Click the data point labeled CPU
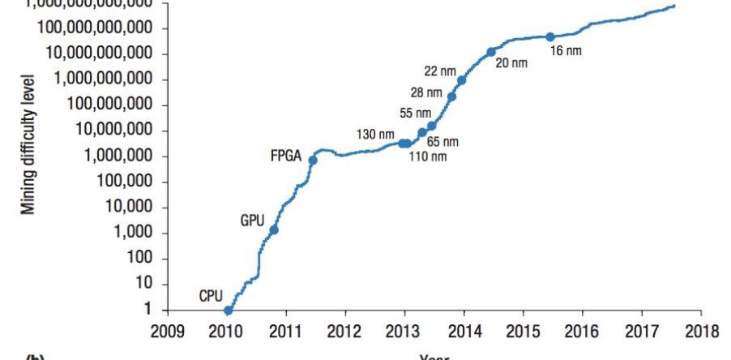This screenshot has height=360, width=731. point(228,310)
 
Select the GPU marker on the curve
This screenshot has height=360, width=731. point(274,229)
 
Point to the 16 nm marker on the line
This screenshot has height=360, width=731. point(550,36)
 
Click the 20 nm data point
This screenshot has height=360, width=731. point(491,52)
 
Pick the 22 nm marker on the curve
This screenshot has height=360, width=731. point(461,79)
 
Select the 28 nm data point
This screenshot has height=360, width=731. point(451,96)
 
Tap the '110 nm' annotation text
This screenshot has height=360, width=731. point(427,156)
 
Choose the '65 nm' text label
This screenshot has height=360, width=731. point(442,142)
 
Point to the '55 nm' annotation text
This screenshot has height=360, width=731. point(415,114)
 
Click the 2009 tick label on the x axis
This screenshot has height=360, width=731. point(168,332)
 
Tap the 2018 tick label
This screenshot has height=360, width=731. point(701,332)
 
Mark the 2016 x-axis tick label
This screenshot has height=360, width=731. point(582,332)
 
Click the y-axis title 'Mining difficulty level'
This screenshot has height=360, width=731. point(29,145)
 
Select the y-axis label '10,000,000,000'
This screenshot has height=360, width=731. point(100,54)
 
